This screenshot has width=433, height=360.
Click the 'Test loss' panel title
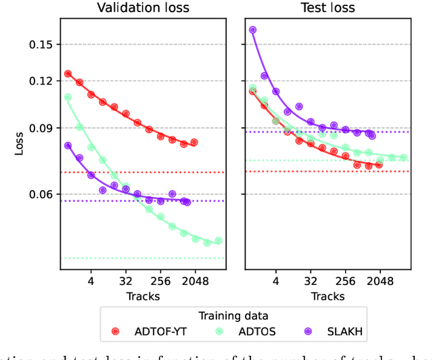click(x=327, y=8)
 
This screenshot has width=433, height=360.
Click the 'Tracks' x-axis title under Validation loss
click(x=142, y=296)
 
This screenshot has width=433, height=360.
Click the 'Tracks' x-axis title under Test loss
click(x=327, y=296)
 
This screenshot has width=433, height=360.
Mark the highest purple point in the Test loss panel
click(x=253, y=30)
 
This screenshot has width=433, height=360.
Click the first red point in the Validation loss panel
click(x=68, y=73)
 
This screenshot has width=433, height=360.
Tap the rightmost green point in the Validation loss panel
click(x=218, y=240)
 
